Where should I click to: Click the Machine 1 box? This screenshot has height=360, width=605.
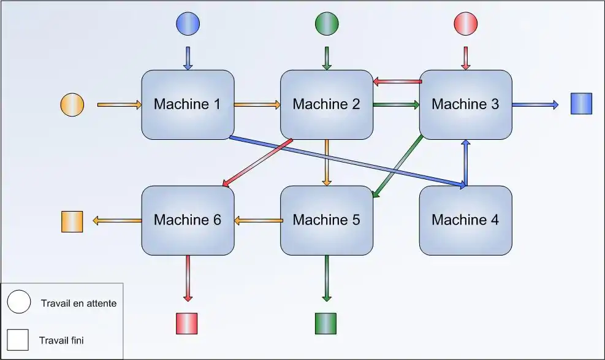coord(188,104)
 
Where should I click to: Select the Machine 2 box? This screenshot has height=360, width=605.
coord(326,104)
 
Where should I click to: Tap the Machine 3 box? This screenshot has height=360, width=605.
coord(465,104)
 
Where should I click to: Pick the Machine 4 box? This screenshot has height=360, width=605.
coord(465,220)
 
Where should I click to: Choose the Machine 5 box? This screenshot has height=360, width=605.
coord(326,220)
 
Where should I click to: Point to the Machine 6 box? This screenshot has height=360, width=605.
coord(188,220)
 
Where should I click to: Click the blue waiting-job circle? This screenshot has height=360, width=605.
coord(188,24)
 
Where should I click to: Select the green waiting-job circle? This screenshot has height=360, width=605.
coord(326,24)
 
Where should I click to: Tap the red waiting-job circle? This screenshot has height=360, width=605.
coord(465,24)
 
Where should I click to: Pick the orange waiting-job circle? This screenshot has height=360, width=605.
coord(72,104)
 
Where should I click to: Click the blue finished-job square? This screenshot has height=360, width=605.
coord(581,104)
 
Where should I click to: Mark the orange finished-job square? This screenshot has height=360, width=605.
coord(72,221)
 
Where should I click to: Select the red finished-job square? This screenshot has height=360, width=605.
coord(187,323)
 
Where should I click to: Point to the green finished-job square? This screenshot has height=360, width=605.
coord(325,323)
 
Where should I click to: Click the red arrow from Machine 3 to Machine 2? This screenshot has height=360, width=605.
coord(397,81)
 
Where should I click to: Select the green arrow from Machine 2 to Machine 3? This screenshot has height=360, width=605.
coord(396,105)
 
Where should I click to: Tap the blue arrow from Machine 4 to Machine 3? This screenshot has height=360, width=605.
coord(466,162)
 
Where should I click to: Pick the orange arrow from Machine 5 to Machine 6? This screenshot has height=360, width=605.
coord(257,220)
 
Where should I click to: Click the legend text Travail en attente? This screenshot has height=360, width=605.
coord(78,303)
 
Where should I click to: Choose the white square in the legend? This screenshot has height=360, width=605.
coord(18,340)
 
